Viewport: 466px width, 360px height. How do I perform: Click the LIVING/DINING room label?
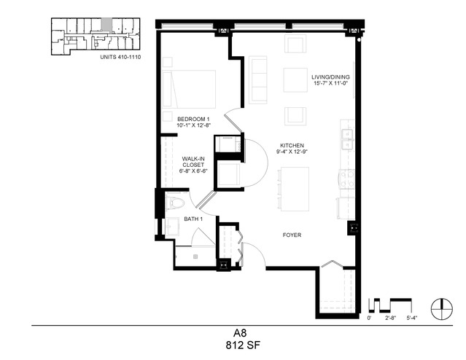click(x=330, y=77)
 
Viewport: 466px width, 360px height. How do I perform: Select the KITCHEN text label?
click(x=292, y=146)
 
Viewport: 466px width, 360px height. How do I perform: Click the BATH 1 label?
click(x=193, y=219)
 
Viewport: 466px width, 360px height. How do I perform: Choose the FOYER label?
click(x=292, y=235)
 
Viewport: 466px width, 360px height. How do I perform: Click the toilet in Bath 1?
click(x=175, y=203)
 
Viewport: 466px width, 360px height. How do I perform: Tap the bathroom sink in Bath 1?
click(x=172, y=227)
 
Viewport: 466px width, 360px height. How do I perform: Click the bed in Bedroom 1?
click(x=189, y=89)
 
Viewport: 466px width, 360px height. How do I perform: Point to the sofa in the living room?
click(x=258, y=80)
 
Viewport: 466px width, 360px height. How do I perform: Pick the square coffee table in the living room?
click(x=295, y=80)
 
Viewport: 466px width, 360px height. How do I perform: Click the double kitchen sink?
click(x=347, y=139)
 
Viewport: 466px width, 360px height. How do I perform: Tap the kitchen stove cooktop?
click(x=347, y=179)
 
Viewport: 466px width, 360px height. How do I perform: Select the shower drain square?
click(x=195, y=257)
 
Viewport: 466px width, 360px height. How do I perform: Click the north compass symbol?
click(x=442, y=308)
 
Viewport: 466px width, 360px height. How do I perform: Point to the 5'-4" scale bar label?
click(x=412, y=318)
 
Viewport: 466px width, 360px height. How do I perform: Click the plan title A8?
click(x=240, y=333)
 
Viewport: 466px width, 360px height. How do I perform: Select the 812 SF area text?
click(x=243, y=345)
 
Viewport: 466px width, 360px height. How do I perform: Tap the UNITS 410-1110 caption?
click(x=120, y=58)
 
